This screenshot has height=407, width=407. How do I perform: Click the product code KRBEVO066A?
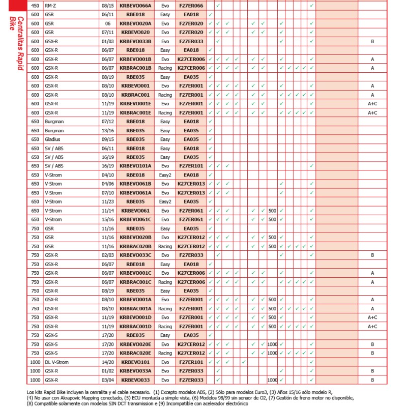(135, 5)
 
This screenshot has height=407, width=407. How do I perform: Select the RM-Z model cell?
(50, 5)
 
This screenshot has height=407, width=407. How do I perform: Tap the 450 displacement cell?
(35, 5)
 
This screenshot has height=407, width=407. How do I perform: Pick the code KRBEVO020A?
(135, 23)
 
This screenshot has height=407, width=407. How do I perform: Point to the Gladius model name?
(53, 138)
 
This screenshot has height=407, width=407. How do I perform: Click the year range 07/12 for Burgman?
(108, 121)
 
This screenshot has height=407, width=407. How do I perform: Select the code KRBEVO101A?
(135, 166)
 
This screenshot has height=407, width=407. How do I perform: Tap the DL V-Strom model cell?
(56, 362)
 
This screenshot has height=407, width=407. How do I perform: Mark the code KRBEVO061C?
(135, 219)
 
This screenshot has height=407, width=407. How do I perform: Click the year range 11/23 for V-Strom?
(108, 201)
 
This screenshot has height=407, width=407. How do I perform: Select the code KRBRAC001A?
(135, 308)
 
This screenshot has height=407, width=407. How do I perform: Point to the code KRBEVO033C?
(135, 255)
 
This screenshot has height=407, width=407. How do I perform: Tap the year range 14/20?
(108, 362)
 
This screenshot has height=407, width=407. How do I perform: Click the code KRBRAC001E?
(135, 112)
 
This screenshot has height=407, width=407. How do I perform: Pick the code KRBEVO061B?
(135, 184)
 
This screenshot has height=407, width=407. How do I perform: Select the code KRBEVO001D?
(135, 317)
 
